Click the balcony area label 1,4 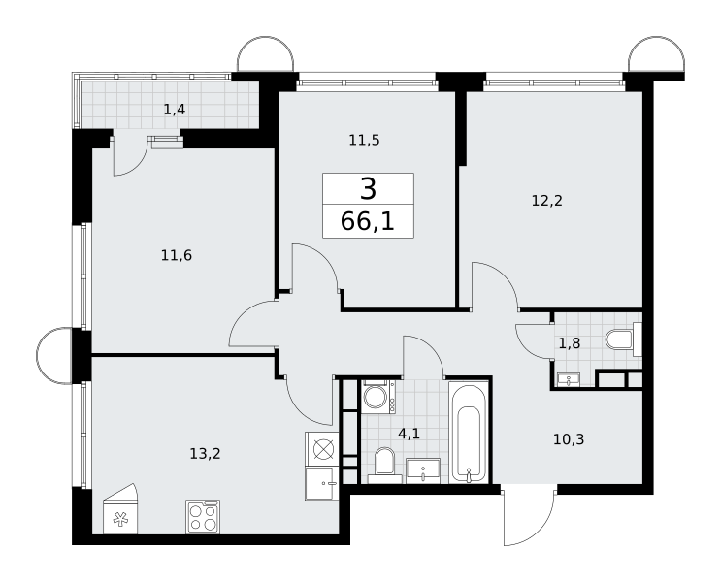point(175,110)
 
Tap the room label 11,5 point(364,140)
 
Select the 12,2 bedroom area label point(546,201)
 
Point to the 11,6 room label point(177,255)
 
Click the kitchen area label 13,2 point(205,454)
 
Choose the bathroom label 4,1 point(409,433)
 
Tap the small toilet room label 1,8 point(570,343)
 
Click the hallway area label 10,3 point(569,439)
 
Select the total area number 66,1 point(368,221)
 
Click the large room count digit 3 point(368,188)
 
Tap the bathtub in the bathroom point(468,432)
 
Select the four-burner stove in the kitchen point(203,517)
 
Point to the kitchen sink point(322,483)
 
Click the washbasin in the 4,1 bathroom point(423,470)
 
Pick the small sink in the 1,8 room point(569,379)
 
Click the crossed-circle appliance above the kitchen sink point(322,449)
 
